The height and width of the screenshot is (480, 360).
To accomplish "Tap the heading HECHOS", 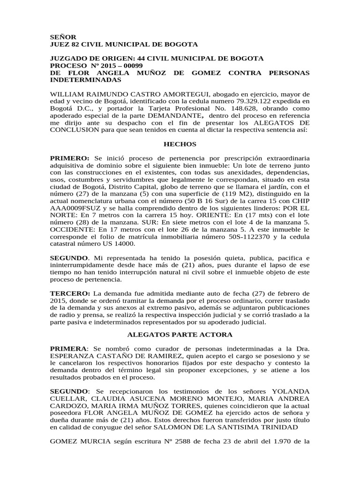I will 180,144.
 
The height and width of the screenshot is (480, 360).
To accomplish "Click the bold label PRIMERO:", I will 70,158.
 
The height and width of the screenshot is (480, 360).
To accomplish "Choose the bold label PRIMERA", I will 68,349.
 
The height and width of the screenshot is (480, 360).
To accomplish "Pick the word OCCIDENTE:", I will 73,230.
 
